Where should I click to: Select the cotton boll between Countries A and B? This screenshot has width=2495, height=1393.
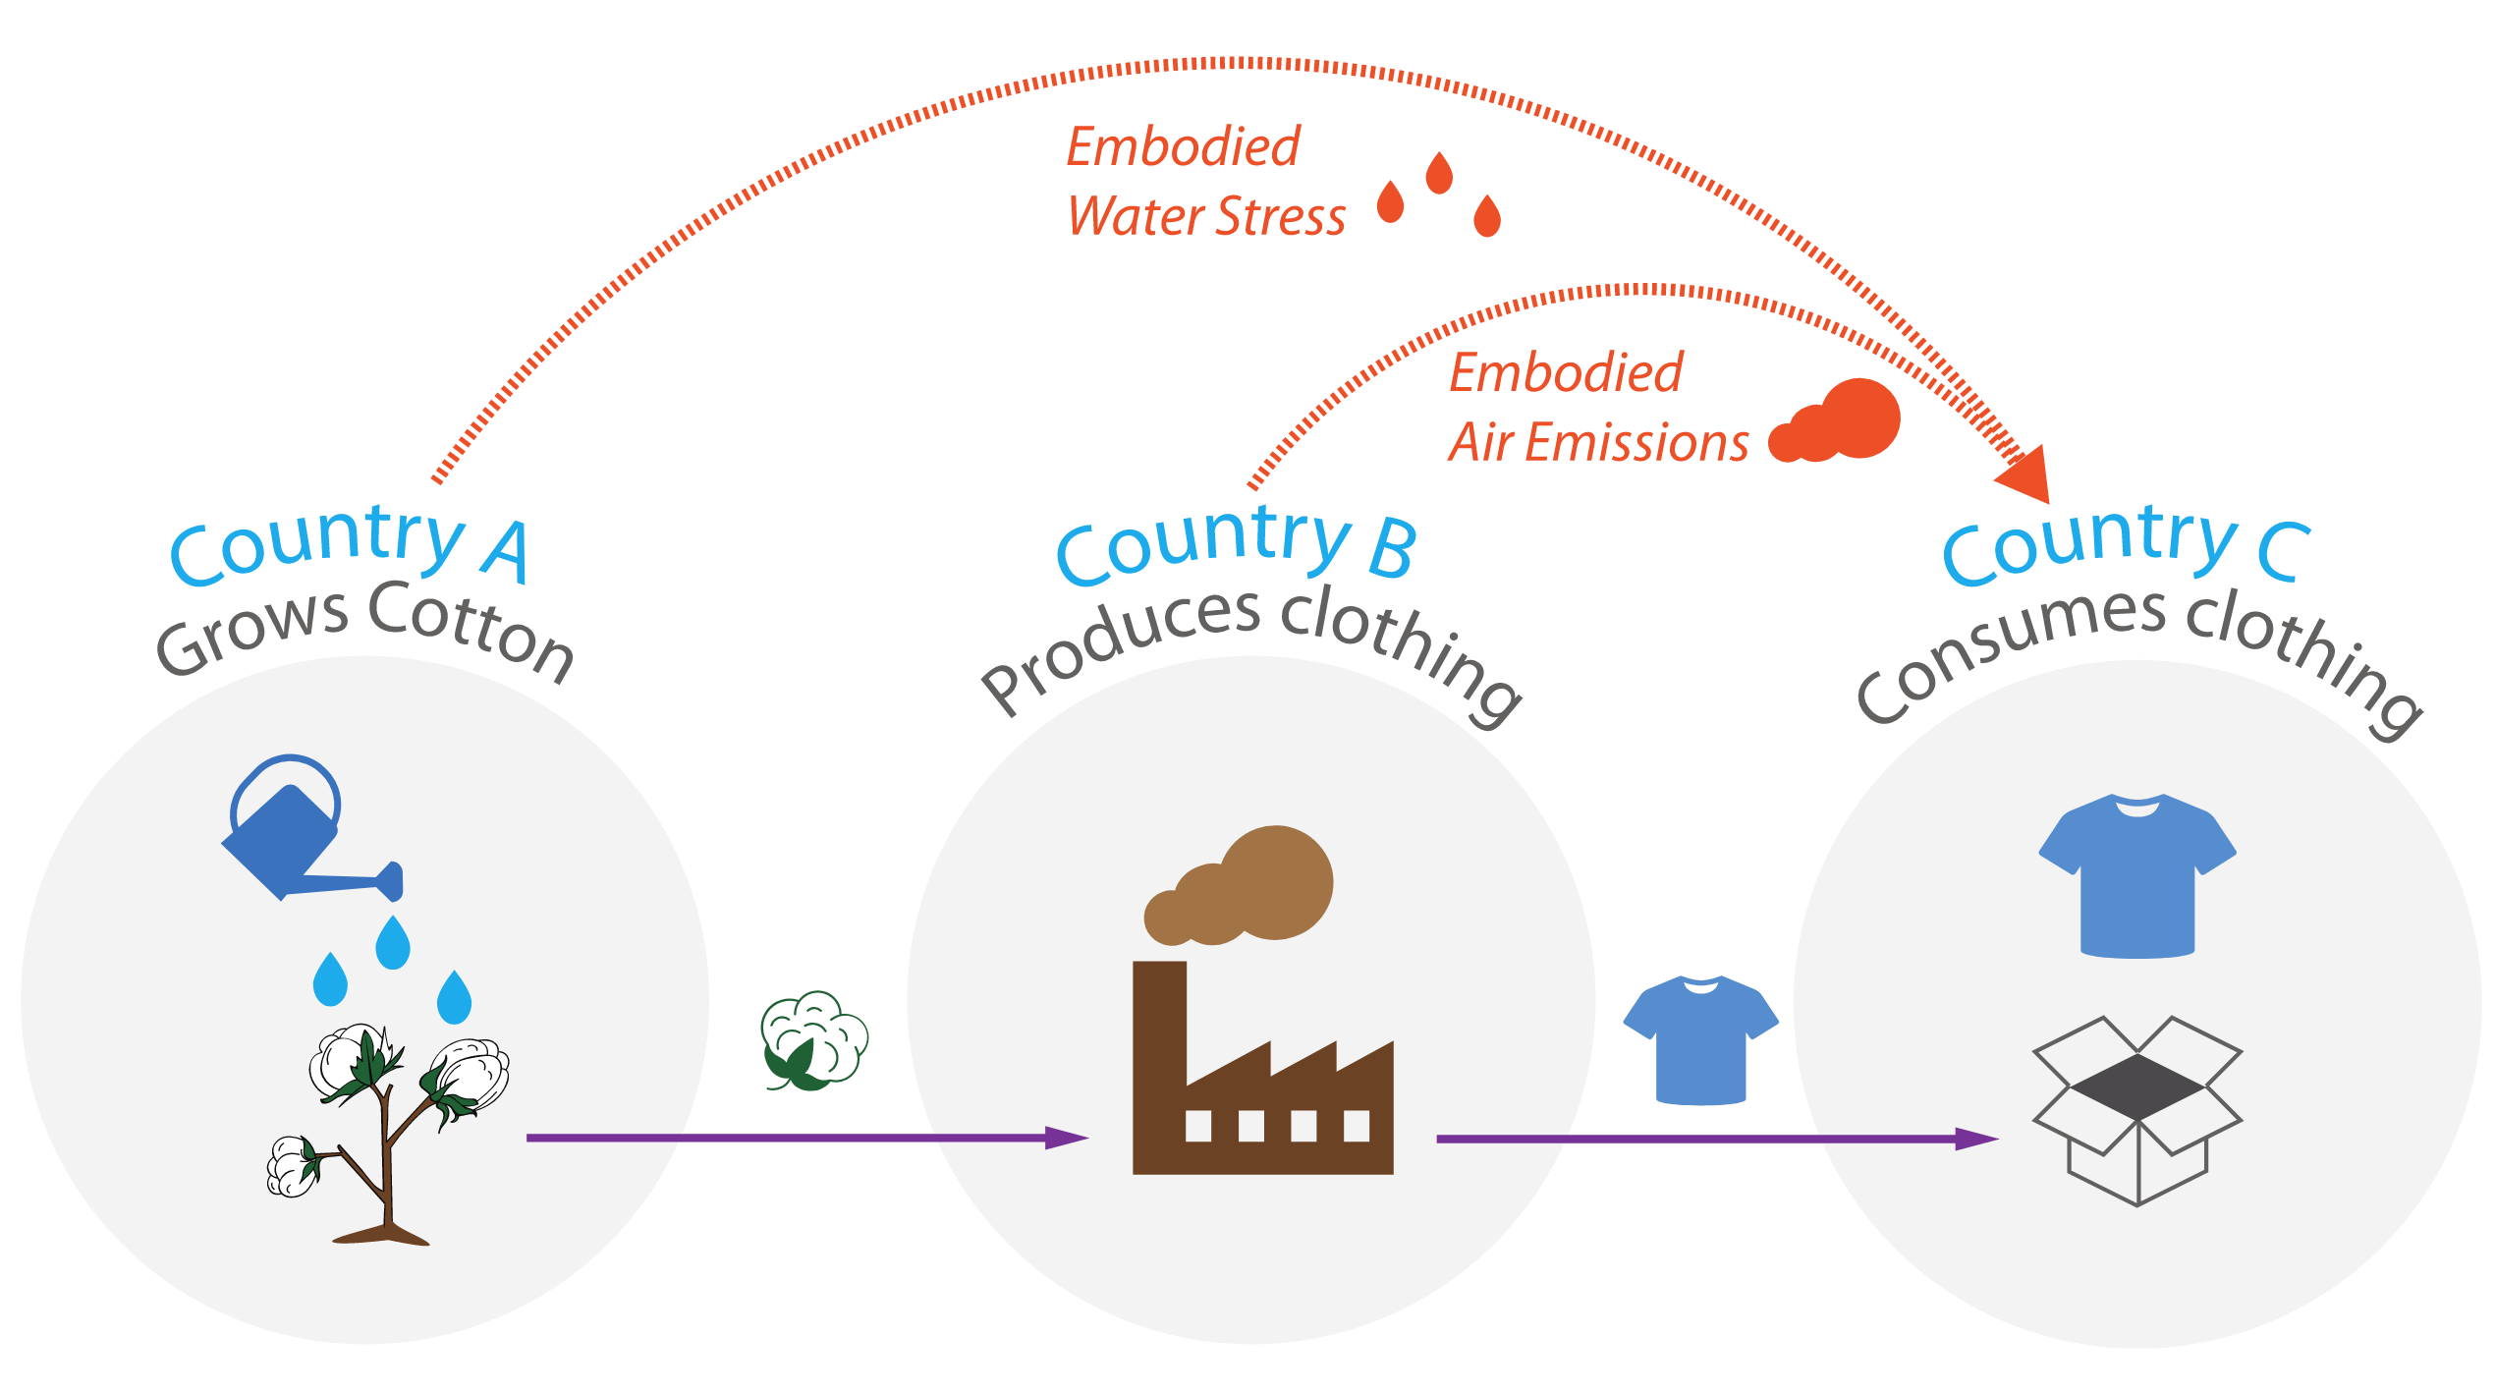(813, 1041)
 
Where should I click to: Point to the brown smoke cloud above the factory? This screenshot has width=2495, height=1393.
(1243, 889)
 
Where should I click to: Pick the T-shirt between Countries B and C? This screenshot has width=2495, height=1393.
(1700, 1039)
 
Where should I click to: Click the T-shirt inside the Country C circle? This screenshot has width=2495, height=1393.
(2137, 874)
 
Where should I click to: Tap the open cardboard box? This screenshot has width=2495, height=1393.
(2137, 1110)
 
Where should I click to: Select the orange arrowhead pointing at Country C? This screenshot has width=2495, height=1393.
(2025, 476)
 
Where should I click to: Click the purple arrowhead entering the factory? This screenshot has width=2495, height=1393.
(1066, 1138)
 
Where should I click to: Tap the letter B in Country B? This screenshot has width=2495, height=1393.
(1393, 548)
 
